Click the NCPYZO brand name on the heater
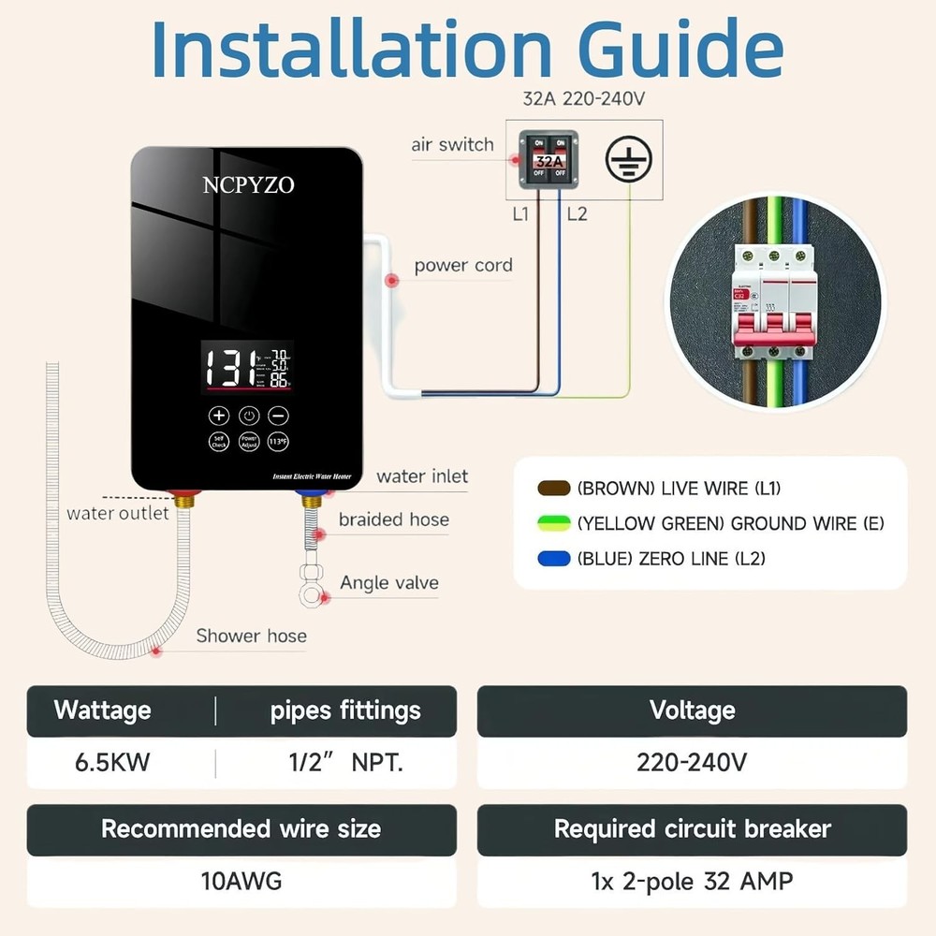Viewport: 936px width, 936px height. tap(248, 185)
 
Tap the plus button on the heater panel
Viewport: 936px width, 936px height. tap(218, 416)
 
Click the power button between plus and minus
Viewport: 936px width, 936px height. tap(248, 416)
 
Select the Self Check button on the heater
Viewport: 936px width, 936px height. tap(218, 442)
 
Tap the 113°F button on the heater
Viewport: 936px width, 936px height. tap(278, 442)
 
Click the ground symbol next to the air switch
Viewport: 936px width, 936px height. tap(627, 159)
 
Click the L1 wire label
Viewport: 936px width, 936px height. tap(520, 214)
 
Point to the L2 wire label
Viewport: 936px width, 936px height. tap(577, 214)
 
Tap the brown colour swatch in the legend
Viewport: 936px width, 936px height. tap(554, 489)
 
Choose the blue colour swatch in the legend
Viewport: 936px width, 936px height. tap(554, 559)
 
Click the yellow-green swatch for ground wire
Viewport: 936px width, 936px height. tap(554, 523)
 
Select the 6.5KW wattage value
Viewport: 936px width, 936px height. tap(112, 762)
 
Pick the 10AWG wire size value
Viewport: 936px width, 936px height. tap(241, 881)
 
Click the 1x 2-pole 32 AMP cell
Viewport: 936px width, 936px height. tap(692, 881)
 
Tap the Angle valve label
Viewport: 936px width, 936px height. tap(389, 583)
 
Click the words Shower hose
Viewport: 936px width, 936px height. tap(251, 636)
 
